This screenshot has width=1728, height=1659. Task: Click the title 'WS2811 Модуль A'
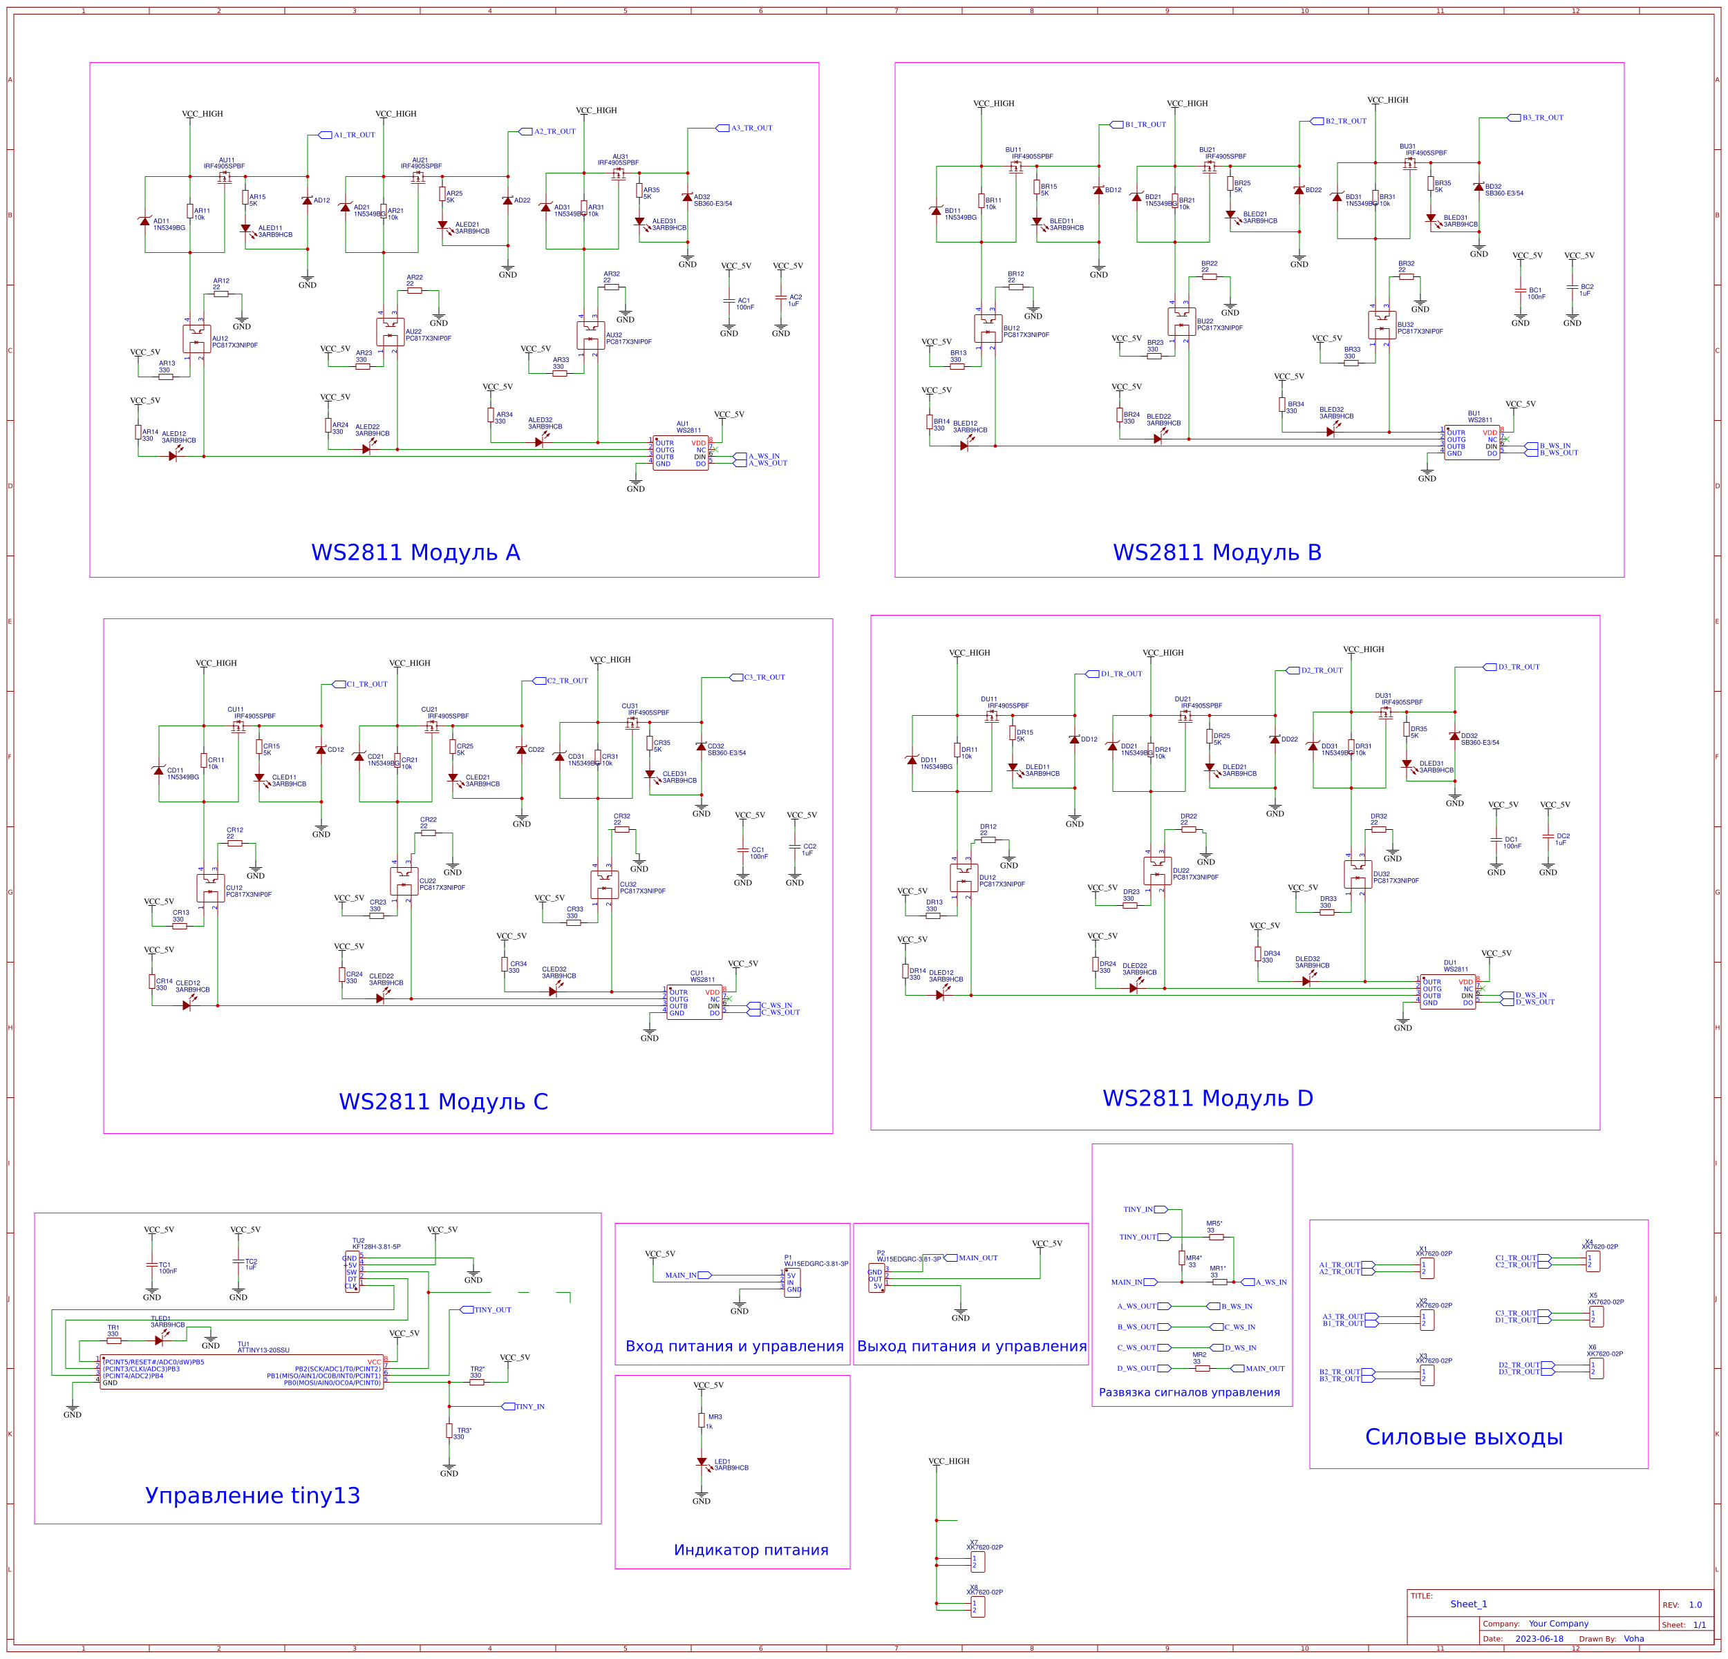415,553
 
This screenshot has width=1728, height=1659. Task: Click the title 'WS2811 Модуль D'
1207,1099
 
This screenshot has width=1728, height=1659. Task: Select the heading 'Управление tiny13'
252,1495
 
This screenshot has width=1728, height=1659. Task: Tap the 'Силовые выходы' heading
1463,1437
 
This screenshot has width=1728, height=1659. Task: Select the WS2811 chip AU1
679,453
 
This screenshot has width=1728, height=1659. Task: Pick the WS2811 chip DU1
1447,992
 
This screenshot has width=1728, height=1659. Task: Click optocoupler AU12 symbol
196,339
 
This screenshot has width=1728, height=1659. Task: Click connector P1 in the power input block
791,1282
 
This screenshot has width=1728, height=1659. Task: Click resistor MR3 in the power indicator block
702,1420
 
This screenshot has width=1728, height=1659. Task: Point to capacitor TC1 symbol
151,1264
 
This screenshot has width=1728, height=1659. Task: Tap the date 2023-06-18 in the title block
1539,1639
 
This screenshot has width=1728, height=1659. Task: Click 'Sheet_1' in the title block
1468,1604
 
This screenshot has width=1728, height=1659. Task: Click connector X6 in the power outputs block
1597,1368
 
